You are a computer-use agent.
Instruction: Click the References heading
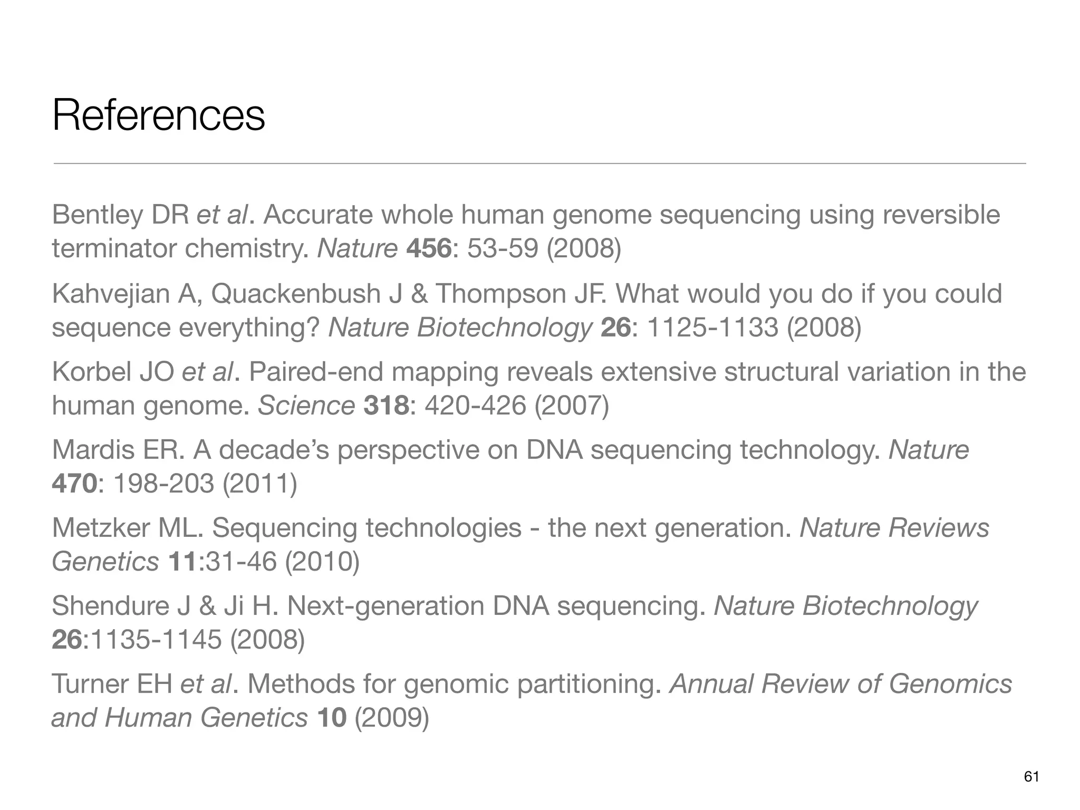158,116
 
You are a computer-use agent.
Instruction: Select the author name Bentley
98,215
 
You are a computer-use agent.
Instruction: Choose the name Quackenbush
296,294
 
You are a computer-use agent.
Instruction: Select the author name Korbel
91,372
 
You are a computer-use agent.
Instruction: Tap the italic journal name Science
306,406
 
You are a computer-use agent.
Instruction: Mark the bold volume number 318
386,406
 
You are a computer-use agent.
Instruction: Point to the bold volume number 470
74,484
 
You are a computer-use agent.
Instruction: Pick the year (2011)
260,484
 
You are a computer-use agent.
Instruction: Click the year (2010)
322,562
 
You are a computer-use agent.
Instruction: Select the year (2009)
392,718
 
